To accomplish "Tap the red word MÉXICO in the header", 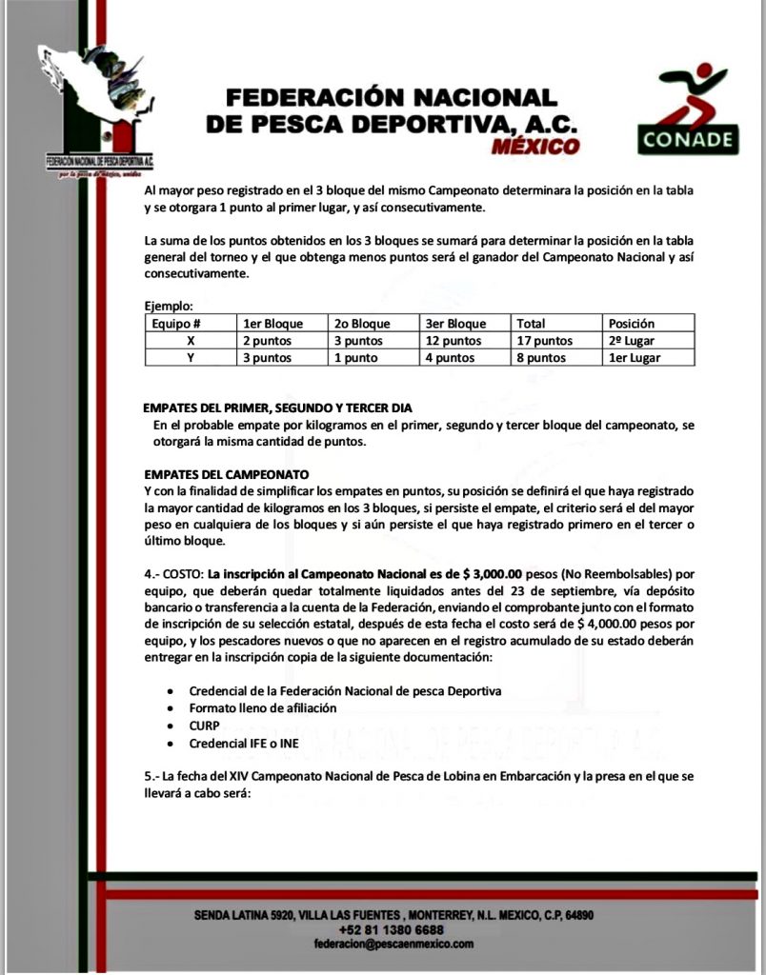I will click(x=534, y=147).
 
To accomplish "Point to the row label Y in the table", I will click(x=191, y=358).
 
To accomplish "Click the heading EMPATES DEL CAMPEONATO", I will click(x=226, y=473).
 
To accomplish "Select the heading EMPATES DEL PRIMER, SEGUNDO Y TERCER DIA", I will click(x=277, y=407).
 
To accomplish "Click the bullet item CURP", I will click(x=205, y=725).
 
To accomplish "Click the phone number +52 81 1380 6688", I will click(x=391, y=929).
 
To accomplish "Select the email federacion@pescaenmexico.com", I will click(x=393, y=944).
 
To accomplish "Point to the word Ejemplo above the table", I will click(x=169, y=307).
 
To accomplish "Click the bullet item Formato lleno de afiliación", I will click(x=263, y=707).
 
